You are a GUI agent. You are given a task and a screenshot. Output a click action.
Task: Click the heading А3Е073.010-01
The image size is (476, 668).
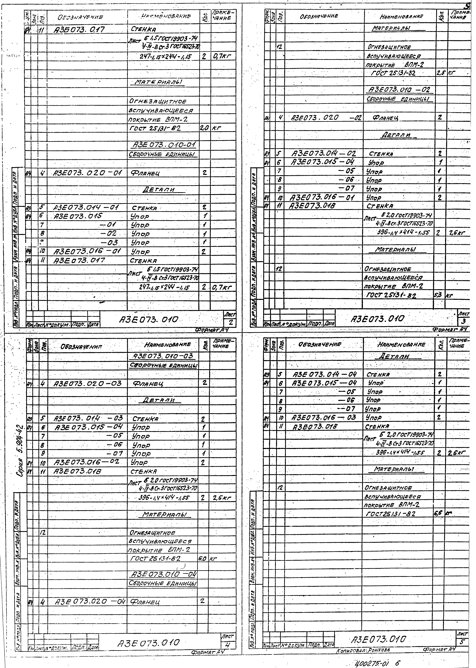click(x=163, y=145)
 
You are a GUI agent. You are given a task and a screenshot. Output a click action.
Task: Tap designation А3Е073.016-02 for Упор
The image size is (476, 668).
click(x=86, y=463)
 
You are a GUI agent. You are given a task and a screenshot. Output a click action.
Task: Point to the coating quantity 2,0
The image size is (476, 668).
click(x=203, y=128)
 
